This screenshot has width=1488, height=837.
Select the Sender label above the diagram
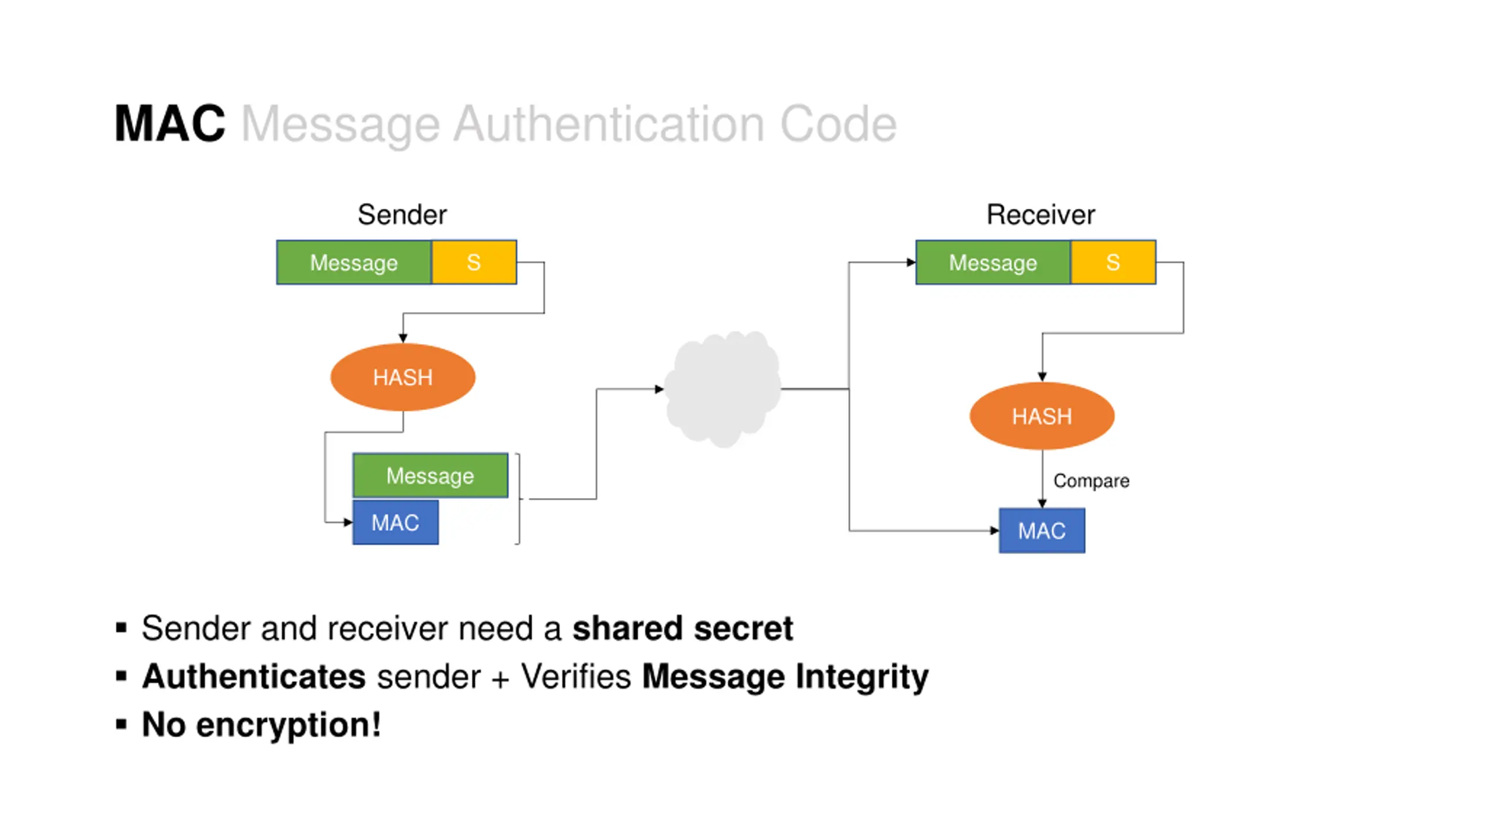402,214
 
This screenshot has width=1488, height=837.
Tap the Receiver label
1040,214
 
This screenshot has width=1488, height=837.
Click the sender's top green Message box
354,262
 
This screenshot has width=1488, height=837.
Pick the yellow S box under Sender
474,262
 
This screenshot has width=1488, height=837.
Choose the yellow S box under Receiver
1113,262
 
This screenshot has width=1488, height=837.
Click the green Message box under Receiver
993,262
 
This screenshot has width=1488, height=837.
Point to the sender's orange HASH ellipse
403,377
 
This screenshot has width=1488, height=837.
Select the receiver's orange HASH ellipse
1042,416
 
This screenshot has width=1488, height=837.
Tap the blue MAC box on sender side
395,523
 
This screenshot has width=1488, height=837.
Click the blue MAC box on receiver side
1042,531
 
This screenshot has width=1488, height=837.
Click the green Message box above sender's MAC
430,475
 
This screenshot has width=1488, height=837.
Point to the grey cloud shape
723,389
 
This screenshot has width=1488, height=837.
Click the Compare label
1092,481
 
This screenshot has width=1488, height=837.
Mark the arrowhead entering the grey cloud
659,389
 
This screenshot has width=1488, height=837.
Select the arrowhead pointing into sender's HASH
403,338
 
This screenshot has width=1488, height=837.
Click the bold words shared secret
683,628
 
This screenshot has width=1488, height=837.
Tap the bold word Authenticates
254,676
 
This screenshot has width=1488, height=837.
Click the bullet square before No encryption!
121,724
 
